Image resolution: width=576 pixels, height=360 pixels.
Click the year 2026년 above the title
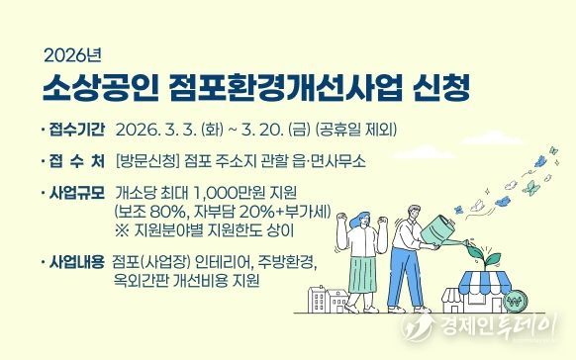tap(66, 52)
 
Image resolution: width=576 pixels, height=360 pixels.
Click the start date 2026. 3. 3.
tap(155, 130)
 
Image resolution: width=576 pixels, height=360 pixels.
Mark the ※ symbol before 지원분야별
tap(123, 228)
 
